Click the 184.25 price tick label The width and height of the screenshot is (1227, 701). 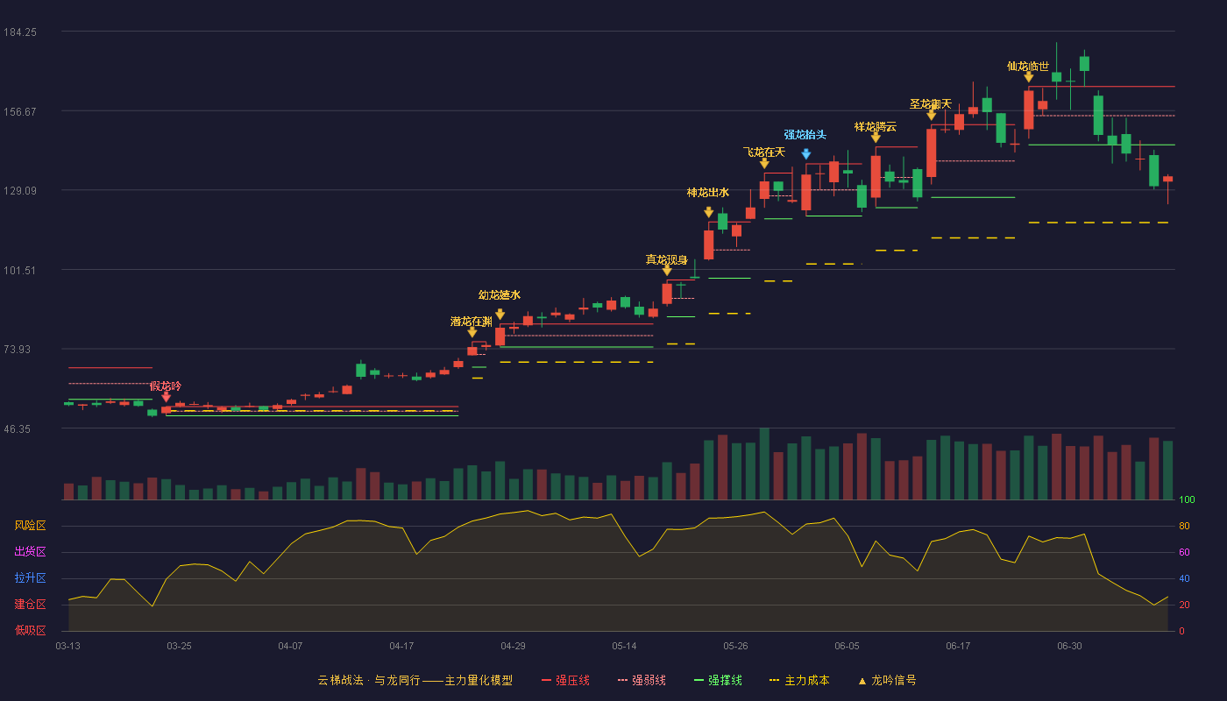tap(20, 32)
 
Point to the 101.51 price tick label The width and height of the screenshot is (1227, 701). tap(19, 271)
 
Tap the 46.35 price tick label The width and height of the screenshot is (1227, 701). tap(18, 429)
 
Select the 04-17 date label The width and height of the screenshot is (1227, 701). tap(401, 647)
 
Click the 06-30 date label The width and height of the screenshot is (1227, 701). tap(1069, 647)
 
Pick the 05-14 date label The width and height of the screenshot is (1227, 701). tap(624, 647)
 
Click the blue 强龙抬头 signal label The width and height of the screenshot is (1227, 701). tap(805, 135)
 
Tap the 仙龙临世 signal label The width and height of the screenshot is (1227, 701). tap(1027, 67)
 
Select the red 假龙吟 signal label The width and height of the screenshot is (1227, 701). tap(166, 386)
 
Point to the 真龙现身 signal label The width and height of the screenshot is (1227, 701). tap(666, 259)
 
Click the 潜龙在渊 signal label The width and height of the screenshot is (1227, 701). tap(472, 322)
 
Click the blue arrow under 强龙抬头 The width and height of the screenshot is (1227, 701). tap(805, 154)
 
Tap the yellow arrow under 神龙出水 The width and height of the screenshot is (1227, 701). tap(708, 212)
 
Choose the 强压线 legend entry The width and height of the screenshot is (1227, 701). tap(565, 680)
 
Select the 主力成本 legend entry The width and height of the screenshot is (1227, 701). tap(799, 680)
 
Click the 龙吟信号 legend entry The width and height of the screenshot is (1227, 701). tap(887, 680)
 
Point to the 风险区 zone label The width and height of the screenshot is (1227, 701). tap(30, 526)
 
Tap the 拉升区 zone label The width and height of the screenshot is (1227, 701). tap(30, 578)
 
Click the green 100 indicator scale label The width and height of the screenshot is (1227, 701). tap(1187, 499)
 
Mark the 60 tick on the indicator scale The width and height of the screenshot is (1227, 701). tap(1184, 552)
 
